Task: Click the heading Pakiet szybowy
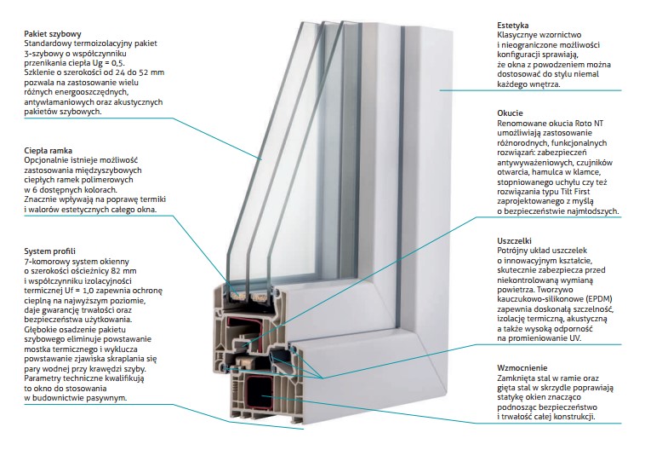pos(54,33)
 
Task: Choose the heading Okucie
pos(512,113)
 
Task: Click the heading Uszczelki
pos(518,241)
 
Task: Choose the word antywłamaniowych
pos(65,102)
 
